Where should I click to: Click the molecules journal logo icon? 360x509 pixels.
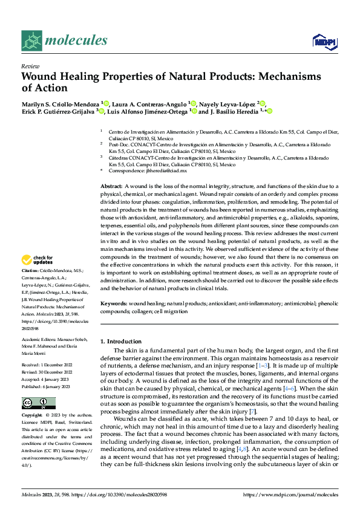click(31, 41)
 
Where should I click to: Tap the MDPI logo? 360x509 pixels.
click(323, 41)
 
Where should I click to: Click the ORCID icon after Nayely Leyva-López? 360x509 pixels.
click(263, 103)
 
